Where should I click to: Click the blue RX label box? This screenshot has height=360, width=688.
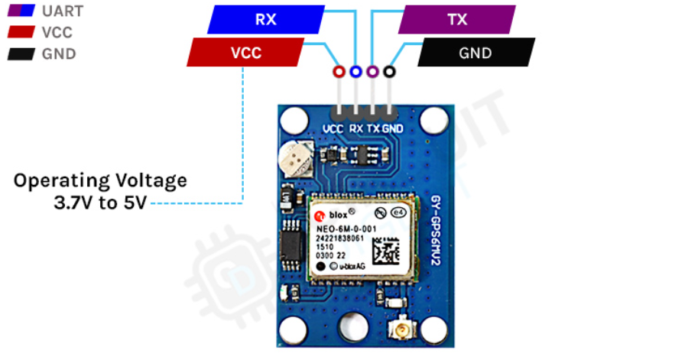tap(266, 20)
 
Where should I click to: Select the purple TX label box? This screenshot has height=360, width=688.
tap(457, 20)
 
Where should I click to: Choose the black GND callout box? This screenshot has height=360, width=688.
tap(475, 53)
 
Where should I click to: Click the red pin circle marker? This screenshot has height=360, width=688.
tap(339, 72)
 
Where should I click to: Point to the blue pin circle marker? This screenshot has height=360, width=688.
tap(355, 72)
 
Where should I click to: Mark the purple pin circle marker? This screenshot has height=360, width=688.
tap(372, 72)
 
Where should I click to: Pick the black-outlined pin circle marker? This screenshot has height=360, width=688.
tap(389, 72)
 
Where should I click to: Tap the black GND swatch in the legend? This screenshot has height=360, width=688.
tap(20, 54)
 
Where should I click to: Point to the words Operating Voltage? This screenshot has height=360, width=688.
tap(100, 181)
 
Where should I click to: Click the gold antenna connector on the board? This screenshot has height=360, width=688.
tap(401, 332)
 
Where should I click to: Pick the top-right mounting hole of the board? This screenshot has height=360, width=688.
tap(433, 120)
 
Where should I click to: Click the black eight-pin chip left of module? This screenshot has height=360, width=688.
tap(290, 246)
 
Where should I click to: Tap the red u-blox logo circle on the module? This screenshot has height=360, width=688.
tap(322, 216)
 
